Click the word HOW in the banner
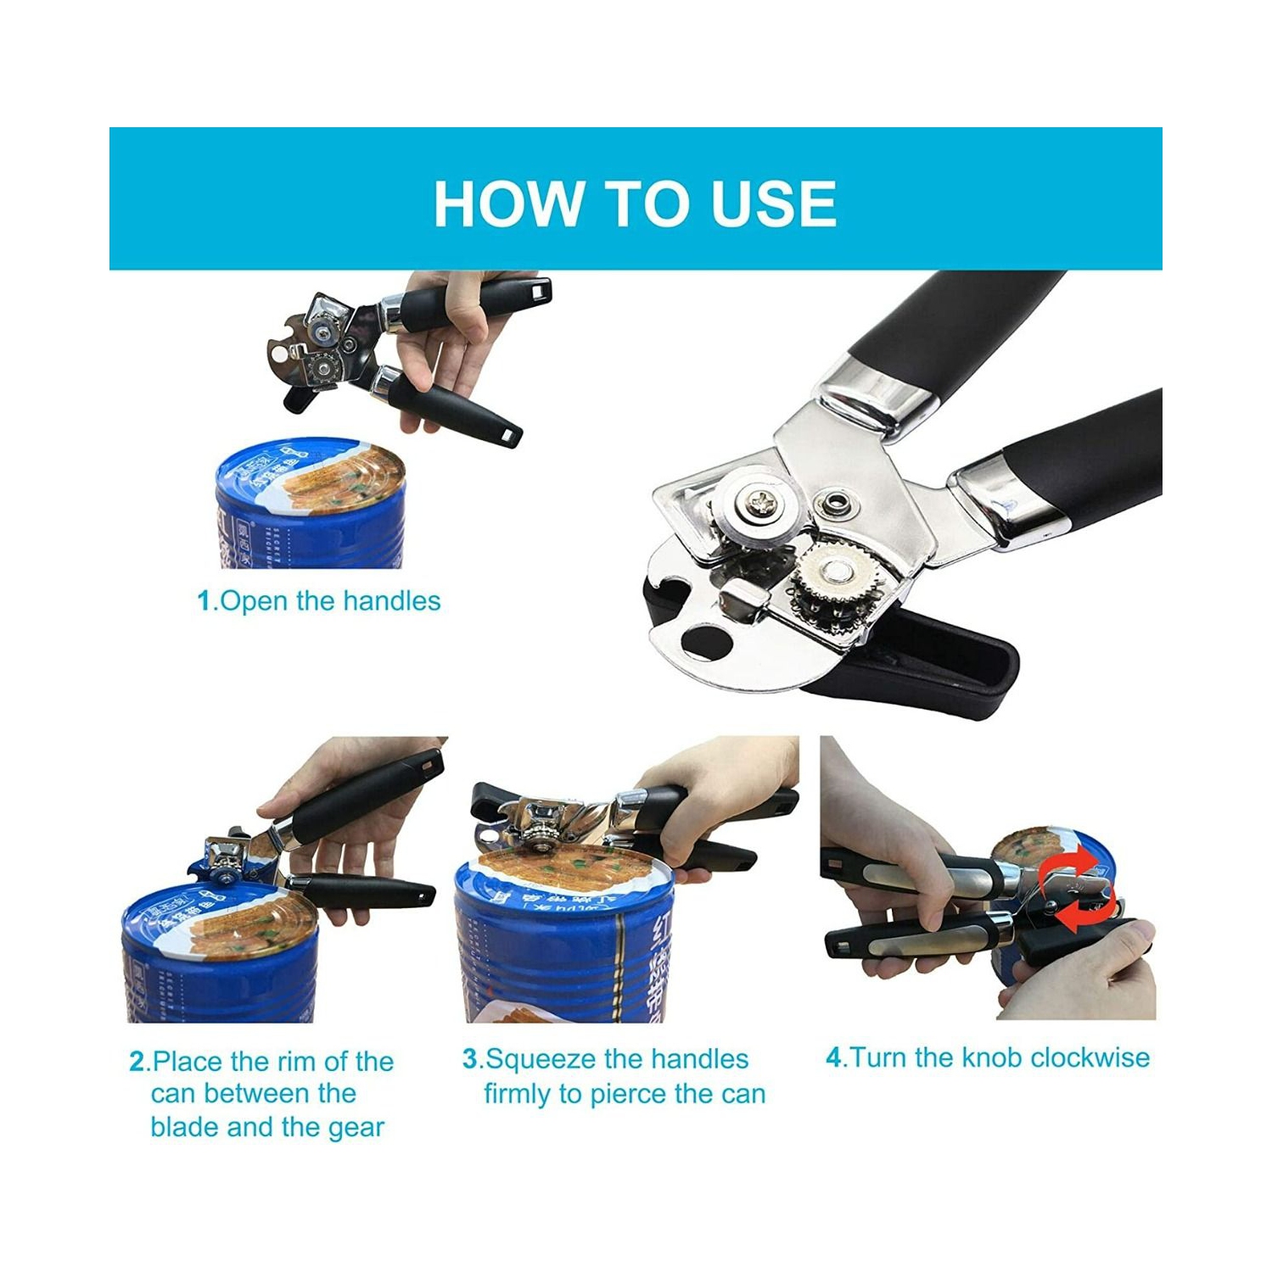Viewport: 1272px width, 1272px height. (x=507, y=204)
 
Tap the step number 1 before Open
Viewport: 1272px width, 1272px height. (x=204, y=601)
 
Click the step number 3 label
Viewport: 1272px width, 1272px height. (x=470, y=1059)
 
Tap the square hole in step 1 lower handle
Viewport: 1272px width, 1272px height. (x=508, y=434)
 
